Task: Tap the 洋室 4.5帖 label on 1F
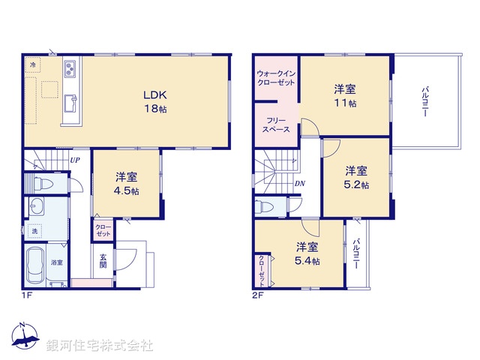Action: (126, 184)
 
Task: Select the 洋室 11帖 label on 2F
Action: (345, 96)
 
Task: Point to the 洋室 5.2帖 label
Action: (356, 177)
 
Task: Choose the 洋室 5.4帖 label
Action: (306, 253)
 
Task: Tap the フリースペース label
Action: (276, 124)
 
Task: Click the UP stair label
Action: (76, 160)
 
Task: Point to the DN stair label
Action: (299, 184)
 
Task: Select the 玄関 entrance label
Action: (103, 261)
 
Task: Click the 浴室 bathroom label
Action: (57, 262)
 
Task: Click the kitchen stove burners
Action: (70, 70)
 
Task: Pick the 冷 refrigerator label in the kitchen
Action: (33, 66)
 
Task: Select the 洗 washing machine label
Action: (34, 231)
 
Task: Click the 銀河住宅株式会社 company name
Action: (100, 346)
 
